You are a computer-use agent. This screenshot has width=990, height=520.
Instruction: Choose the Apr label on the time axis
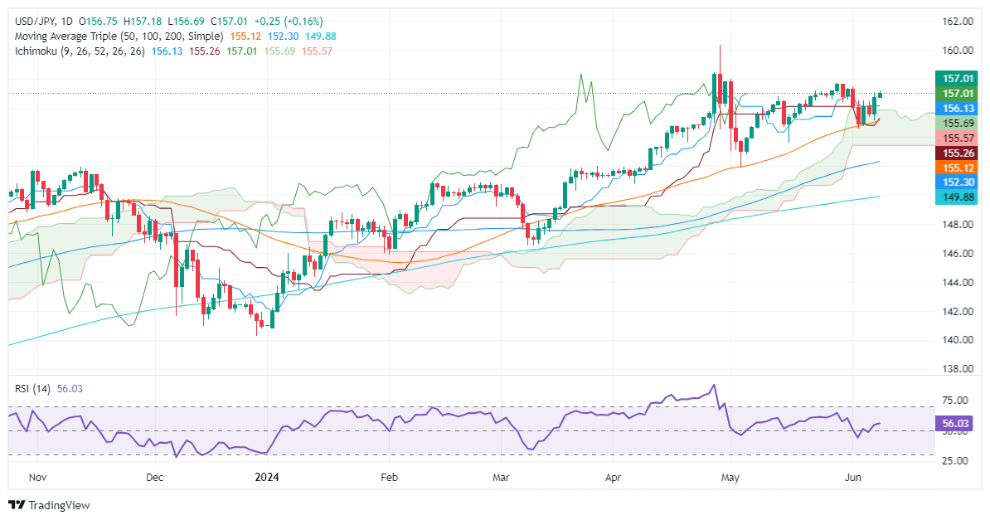(x=613, y=478)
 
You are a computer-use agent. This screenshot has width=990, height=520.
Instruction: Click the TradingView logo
(x=49, y=505)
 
